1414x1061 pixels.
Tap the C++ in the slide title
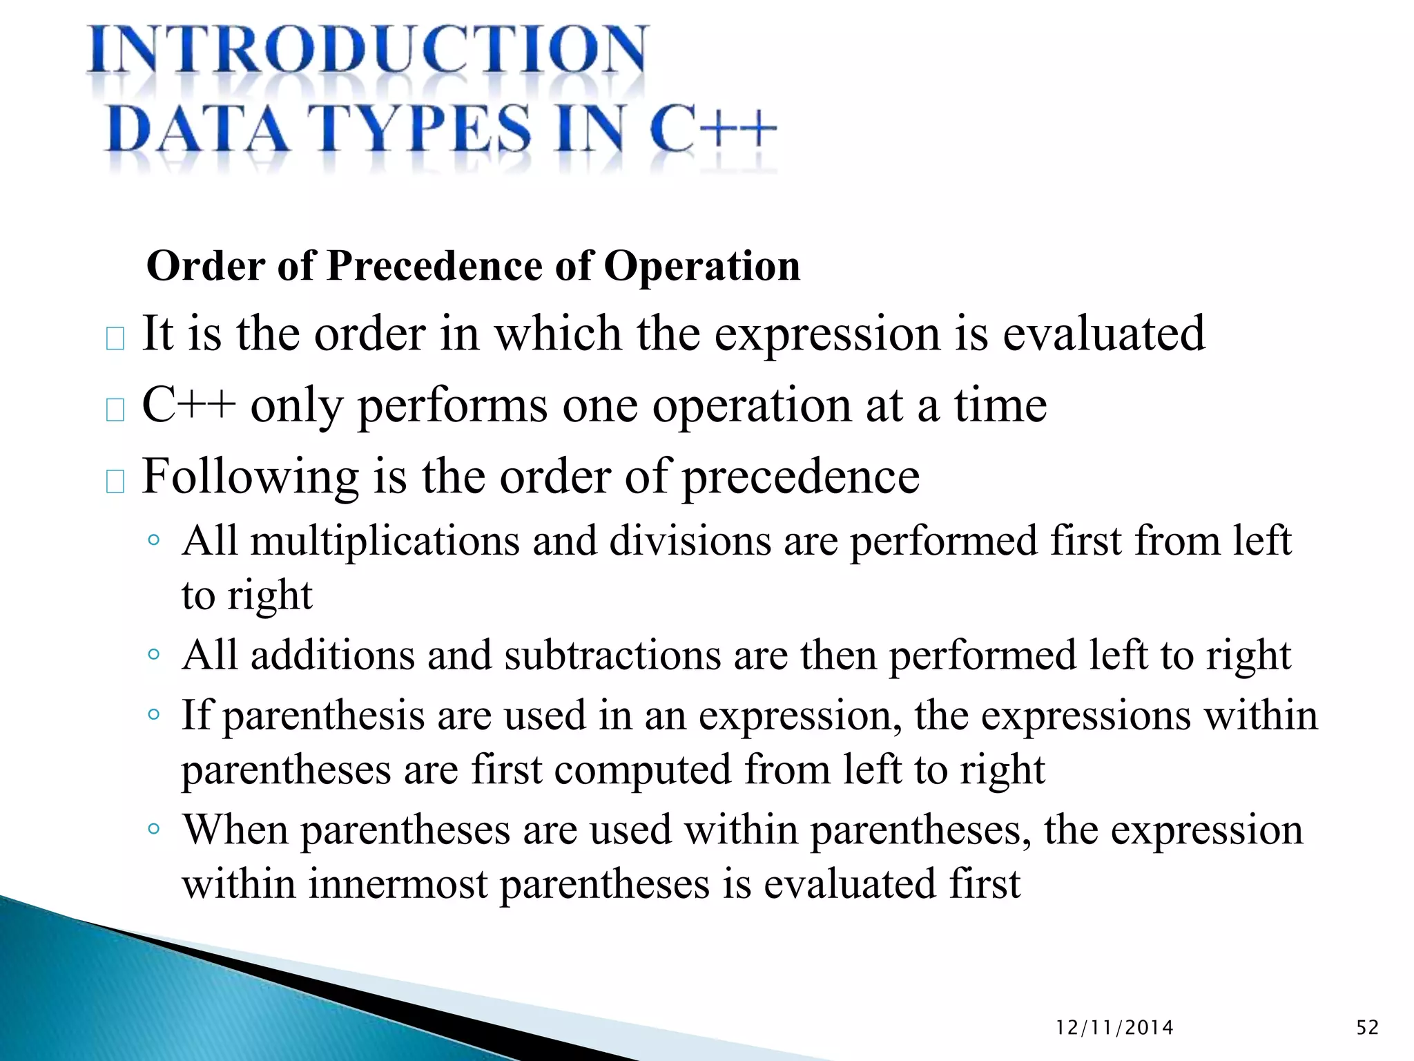[713, 128]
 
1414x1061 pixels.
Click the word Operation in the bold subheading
[701, 266]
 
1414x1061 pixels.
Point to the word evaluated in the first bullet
[1103, 334]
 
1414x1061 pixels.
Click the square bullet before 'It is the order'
[115, 339]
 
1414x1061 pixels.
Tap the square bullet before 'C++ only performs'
[115, 410]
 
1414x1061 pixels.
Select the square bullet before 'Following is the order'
[115, 481]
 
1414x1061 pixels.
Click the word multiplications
[385, 541]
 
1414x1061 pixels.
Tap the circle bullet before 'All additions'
[154, 653]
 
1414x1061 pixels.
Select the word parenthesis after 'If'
[323, 716]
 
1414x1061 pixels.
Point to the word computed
[642, 770]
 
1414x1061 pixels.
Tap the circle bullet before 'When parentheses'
[154, 828]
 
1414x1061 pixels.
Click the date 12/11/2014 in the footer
[1114, 1028]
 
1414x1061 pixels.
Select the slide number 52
[1367, 1028]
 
